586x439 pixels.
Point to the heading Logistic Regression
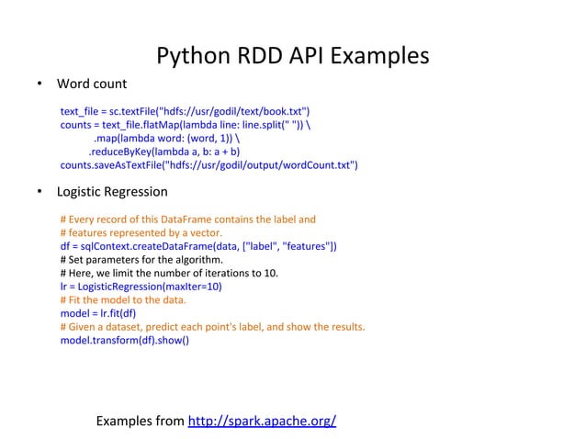pyautogui.click(x=112, y=193)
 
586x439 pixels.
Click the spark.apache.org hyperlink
pyautogui.click(x=262, y=422)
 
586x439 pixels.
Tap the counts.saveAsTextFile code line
pyautogui.click(x=208, y=166)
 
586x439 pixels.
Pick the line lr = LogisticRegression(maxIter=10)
pyautogui.click(x=141, y=286)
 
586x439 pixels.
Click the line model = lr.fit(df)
pyautogui.click(x=103, y=312)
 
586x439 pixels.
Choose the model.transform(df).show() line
pyautogui.click(x=124, y=339)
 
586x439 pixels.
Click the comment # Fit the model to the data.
pyautogui.click(x=123, y=299)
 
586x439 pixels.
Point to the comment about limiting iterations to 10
pyautogui.click(x=170, y=273)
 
